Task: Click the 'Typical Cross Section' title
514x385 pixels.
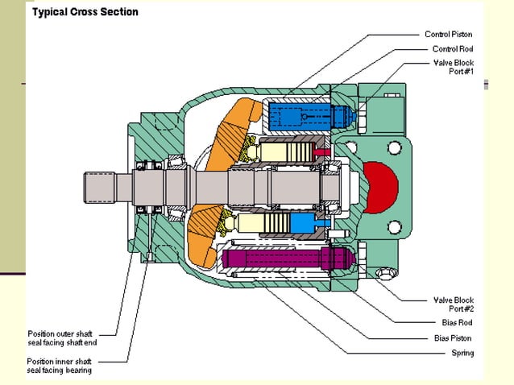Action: point(85,12)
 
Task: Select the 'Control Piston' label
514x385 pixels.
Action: point(448,35)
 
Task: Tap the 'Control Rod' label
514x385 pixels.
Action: point(452,49)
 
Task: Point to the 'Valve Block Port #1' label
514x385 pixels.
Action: point(450,68)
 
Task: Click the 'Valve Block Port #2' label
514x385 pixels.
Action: point(450,305)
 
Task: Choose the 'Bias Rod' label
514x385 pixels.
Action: point(457,323)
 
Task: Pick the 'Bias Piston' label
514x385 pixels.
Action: point(450,338)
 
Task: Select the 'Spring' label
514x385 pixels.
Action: point(462,353)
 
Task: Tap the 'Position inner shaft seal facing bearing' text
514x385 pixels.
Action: point(60,366)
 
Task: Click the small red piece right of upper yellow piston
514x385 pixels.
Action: point(322,151)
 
